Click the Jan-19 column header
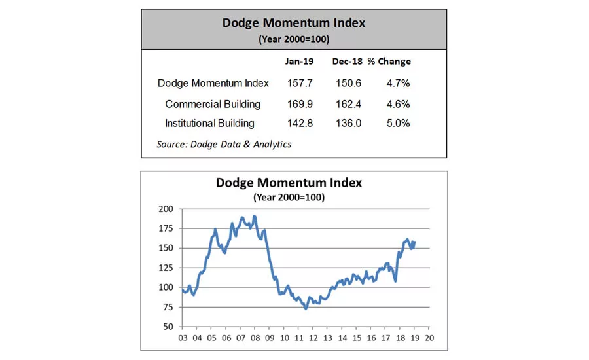300,62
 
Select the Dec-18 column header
346,62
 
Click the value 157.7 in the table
300,83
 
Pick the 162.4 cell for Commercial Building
347,104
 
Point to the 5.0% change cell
397,123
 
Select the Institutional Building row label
209,123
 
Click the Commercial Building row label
213,104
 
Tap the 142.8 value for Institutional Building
300,123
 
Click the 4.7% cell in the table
397,83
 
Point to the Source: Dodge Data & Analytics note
224,144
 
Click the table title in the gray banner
294,23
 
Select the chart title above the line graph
289,183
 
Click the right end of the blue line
414,242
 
